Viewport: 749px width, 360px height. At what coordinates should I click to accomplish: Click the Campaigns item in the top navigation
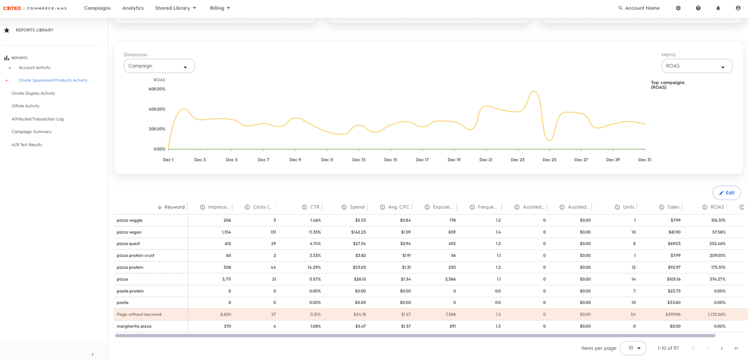coord(97,8)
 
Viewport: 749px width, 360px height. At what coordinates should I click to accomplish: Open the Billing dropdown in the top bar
coord(219,8)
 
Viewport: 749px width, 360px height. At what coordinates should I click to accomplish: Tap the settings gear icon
coord(678,8)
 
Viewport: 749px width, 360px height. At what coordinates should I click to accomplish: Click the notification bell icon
coord(718,8)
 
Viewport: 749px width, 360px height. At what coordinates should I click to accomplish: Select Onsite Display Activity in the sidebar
coord(33,93)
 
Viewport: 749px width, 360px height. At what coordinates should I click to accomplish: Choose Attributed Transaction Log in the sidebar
coord(37,119)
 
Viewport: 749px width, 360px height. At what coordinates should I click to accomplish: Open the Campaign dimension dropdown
coord(159,66)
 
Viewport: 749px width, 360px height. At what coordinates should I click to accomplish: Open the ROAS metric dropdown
coord(697,66)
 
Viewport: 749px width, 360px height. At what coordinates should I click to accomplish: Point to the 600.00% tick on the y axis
coord(157,89)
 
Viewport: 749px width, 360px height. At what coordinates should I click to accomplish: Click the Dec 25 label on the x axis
coord(549,160)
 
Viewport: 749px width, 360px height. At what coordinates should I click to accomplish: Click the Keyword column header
coord(174,207)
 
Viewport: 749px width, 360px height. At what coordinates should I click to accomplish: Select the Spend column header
coord(357,207)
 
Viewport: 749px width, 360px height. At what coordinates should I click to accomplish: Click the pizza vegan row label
coord(129,232)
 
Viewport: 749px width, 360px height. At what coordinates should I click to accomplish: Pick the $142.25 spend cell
coord(359,232)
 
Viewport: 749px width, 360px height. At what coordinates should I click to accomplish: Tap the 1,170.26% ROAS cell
coord(717,314)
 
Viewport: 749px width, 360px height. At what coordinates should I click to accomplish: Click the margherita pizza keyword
coord(134,326)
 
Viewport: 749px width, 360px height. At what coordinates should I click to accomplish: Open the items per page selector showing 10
coord(633,348)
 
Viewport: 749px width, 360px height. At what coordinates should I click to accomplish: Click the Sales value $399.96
coord(673,314)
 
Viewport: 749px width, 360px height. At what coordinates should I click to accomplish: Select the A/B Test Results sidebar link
coord(27,145)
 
